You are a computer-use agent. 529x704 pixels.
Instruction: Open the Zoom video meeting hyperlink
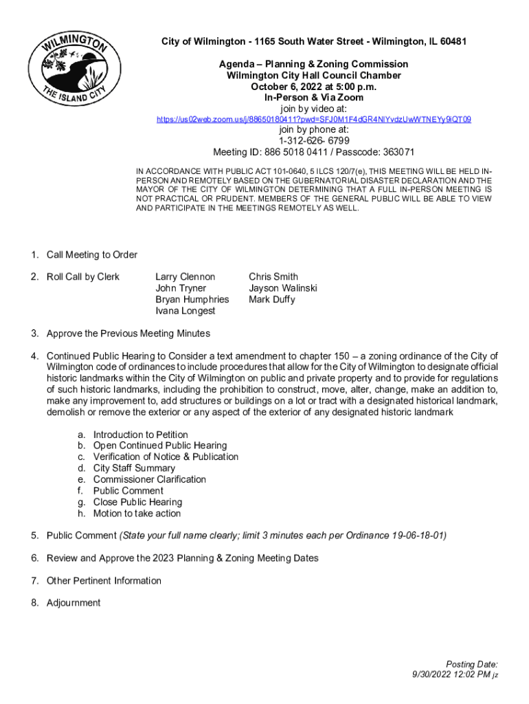point(314,120)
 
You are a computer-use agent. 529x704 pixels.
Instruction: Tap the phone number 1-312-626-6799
point(314,141)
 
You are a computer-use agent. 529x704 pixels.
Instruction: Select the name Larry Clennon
point(185,277)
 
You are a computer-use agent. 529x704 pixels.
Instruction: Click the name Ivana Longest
point(185,311)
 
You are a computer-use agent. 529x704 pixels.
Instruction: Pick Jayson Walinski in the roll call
point(283,288)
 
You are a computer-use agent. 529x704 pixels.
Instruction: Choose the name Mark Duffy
point(272,300)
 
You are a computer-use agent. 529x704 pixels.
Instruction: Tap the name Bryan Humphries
point(192,300)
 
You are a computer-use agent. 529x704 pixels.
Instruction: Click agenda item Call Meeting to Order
point(92,255)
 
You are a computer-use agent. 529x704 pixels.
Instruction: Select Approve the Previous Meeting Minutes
point(128,333)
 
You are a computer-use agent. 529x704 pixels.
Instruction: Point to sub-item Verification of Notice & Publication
point(166,457)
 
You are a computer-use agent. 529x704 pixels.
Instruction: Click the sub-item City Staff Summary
point(134,468)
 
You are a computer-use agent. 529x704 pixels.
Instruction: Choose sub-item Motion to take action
point(137,514)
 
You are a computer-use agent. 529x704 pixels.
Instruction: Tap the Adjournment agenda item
point(74,603)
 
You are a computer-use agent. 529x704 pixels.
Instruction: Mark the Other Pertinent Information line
point(104,581)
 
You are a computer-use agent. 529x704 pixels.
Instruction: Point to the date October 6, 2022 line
point(314,87)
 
